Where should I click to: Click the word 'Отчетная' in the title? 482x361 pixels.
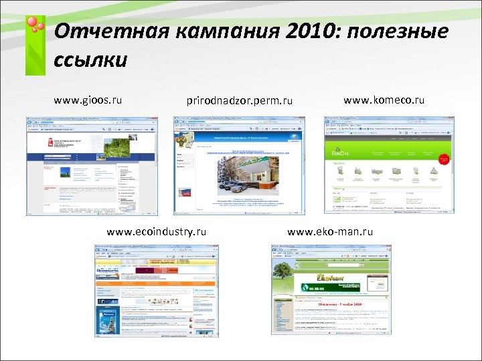(x=100, y=31)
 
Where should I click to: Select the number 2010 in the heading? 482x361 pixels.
(x=306, y=31)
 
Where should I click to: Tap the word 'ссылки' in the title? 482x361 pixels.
(x=90, y=60)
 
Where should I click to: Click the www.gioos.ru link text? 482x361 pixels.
(x=88, y=100)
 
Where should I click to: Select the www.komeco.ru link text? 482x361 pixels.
(x=384, y=100)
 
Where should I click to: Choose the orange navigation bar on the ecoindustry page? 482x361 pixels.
(x=156, y=283)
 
